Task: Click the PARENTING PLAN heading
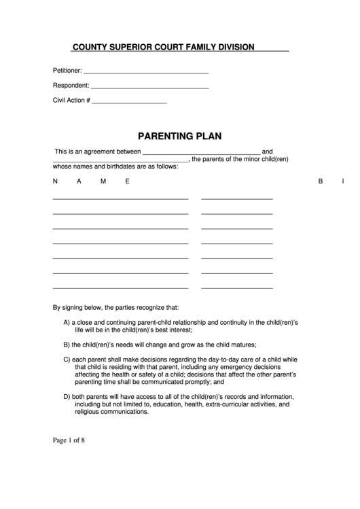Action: point(180,135)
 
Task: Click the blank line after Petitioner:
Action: point(145,72)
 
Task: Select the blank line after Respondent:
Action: point(149,88)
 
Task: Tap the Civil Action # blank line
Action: point(129,103)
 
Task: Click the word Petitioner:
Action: point(67,70)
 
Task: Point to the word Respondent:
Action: point(71,86)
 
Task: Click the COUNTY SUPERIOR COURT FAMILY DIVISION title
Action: point(164,47)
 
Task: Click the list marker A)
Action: point(67,321)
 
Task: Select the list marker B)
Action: point(67,344)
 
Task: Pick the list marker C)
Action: point(67,359)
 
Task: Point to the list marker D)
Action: point(67,396)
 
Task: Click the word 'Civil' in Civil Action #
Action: point(60,101)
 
